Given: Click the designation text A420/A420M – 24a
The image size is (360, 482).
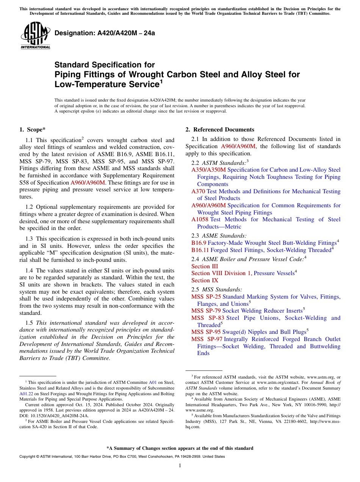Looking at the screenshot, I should coord(105,33).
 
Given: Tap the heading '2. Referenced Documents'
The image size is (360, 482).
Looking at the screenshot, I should coord(220,130).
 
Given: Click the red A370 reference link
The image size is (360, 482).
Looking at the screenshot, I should coord(198,191).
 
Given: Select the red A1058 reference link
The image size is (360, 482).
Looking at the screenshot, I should coord(200,219).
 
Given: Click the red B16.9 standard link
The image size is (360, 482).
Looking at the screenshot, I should coord(199,243).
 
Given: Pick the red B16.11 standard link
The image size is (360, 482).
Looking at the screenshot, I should coord(200,250).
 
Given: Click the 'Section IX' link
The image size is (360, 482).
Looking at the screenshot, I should coord(205,280).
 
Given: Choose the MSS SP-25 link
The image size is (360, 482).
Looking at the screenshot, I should coord(206,297).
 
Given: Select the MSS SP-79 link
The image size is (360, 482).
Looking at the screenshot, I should coord(206,311).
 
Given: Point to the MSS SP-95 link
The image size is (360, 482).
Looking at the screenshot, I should coord(206,332).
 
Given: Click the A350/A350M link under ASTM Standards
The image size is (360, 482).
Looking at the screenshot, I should coord(208,170).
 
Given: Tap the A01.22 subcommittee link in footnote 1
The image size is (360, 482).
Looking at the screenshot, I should coord(25,394).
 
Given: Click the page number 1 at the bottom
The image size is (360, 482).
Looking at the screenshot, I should coord(180,465).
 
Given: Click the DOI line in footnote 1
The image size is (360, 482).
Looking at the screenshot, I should coord(54,416).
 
